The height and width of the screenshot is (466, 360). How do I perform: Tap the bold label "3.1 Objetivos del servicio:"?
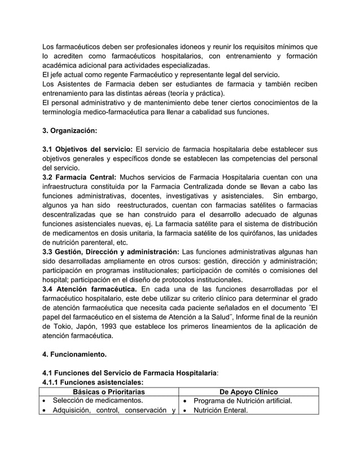coord(88,149)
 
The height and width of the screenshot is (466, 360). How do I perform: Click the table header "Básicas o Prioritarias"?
coord(109,392)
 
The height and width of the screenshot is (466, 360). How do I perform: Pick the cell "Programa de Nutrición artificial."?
coord(242,401)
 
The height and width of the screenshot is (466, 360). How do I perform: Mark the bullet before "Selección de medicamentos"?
coord(45,401)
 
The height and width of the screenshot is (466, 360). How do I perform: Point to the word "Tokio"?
coord(62,327)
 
